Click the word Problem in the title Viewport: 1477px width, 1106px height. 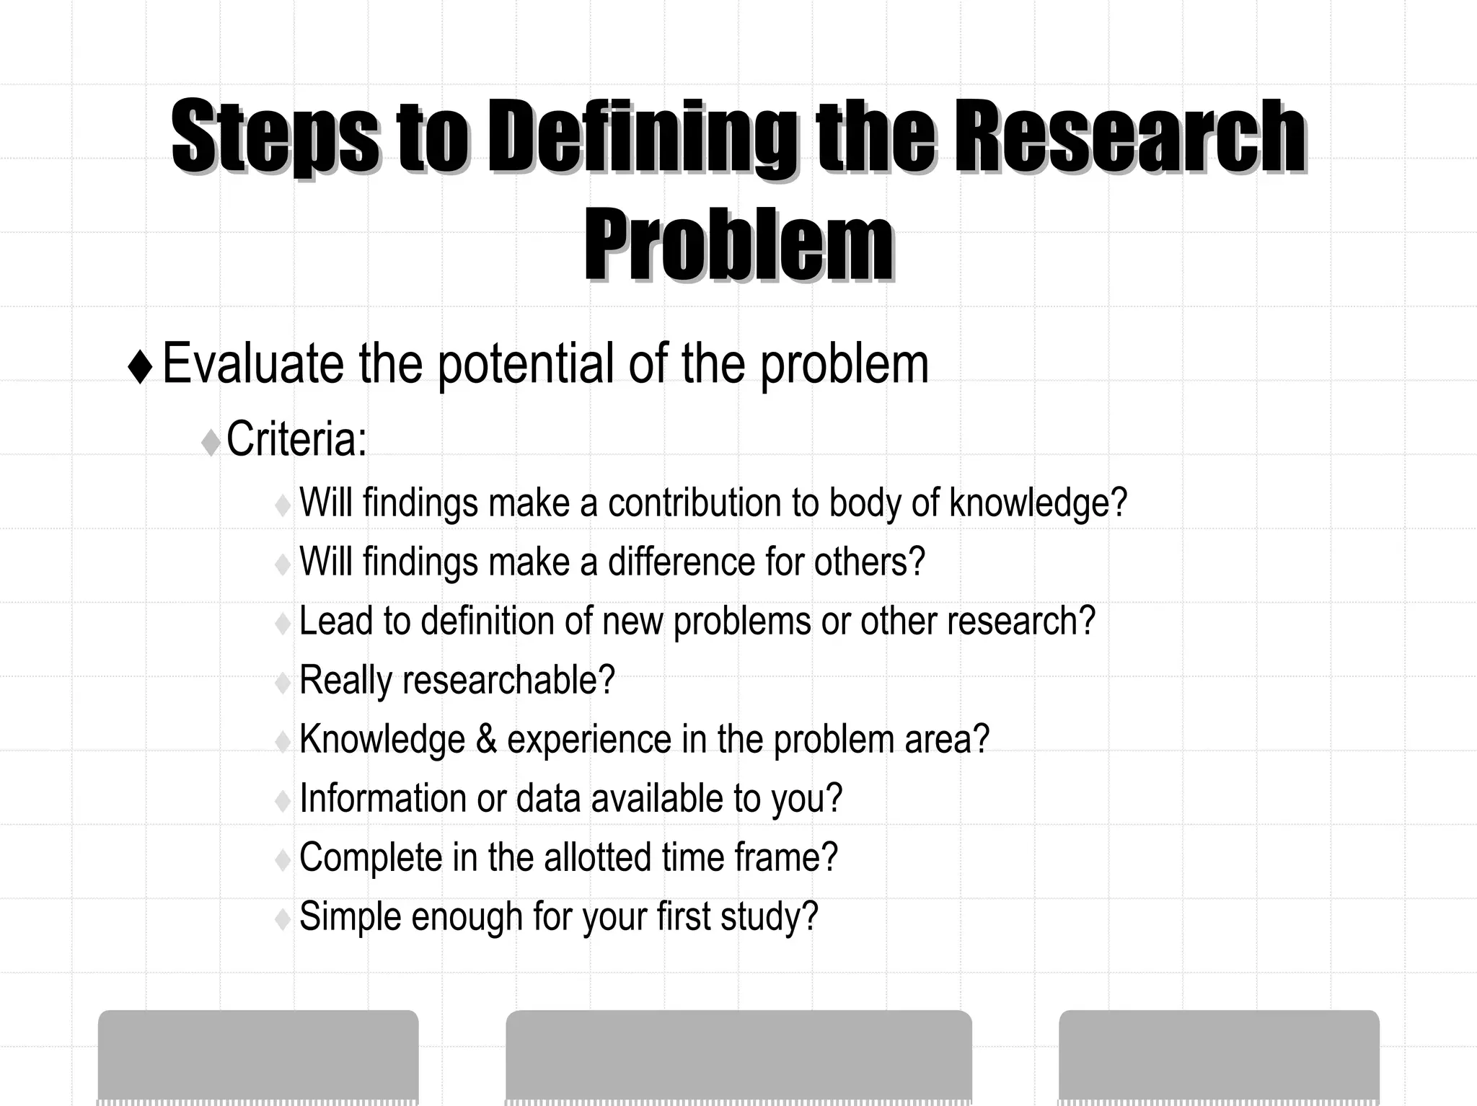(738, 245)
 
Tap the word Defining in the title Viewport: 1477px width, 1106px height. (642, 137)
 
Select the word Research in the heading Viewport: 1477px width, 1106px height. (1130, 137)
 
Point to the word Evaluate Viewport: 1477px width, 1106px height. (252, 364)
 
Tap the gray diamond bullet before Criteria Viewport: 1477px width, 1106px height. (211, 442)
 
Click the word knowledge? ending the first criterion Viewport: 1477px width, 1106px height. (1038, 503)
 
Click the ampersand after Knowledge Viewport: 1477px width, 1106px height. (486, 740)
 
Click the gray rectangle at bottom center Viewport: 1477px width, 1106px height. (738, 1056)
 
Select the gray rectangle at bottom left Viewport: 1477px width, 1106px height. (258, 1056)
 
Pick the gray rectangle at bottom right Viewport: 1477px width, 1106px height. (1219, 1056)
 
